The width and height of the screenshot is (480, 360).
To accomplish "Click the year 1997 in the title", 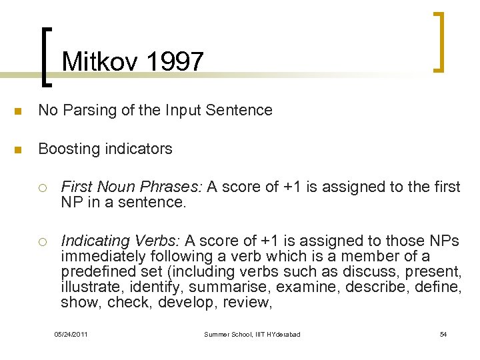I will point(174,63).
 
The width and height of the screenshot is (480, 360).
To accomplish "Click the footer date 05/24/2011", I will point(71,333).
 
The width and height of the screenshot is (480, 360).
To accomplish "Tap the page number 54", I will point(443,333).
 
